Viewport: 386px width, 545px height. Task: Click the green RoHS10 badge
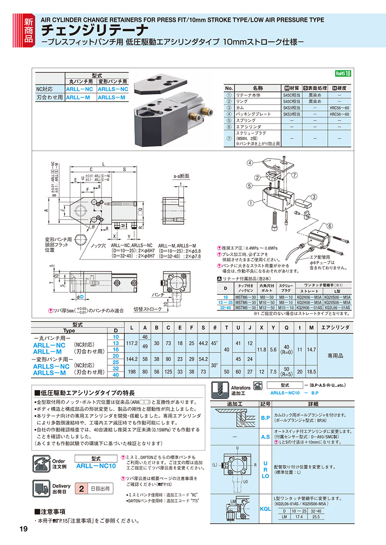343,73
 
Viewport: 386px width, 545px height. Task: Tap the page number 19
24,529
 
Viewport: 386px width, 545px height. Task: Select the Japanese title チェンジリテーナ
95,30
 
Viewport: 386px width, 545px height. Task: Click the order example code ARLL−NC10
96,466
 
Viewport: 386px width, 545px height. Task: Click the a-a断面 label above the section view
181,176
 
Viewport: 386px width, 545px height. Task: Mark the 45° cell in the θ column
214,343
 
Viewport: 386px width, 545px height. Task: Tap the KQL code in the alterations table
265,509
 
